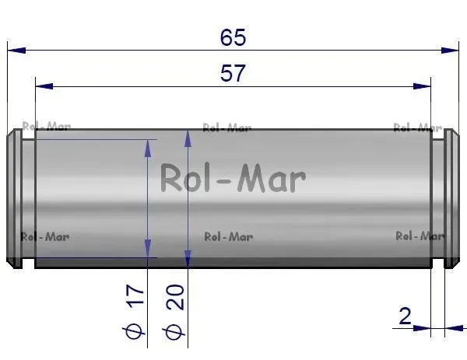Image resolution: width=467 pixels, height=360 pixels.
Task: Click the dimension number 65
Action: (233, 37)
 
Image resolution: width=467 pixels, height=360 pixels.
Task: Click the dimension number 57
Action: (233, 74)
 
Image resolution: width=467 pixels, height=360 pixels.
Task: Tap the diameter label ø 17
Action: (134, 312)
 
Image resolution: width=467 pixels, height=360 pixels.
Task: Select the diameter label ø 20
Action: (174, 312)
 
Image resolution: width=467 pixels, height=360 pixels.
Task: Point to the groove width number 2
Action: (405, 316)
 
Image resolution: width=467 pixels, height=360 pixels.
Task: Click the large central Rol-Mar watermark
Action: (233, 178)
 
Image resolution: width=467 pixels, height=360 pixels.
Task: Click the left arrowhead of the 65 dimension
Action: (16, 51)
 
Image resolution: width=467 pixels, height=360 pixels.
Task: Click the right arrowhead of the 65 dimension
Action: (450, 51)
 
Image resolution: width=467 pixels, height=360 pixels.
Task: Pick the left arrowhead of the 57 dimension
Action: (44, 86)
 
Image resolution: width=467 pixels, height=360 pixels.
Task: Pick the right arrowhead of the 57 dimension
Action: (422, 86)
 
